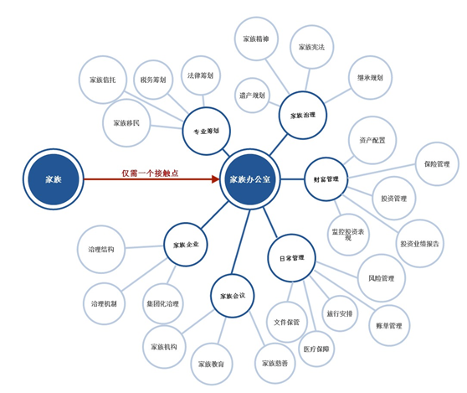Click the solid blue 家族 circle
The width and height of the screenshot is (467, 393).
[x=54, y=179]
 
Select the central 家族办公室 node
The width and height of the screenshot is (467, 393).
[x=250, y=179]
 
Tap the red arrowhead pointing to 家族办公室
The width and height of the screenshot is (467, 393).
[x=216, y=179]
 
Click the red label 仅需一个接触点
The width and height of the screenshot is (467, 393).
[x=150, y=173]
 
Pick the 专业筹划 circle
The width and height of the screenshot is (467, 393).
[x=206, y=131]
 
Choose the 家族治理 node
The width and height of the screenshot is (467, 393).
[x=303, y=115]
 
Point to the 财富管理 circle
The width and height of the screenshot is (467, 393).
[x=326, y=179]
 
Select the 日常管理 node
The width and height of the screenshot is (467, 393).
[x=291, y=258]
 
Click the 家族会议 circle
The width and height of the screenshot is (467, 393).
[x=233, y=296]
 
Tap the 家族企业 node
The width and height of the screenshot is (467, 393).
[x=186, y=245]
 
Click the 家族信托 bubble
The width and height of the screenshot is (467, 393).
[x=103, y=80]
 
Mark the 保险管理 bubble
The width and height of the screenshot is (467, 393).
[x=437, y=164]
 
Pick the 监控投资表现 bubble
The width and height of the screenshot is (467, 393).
[x=348, y=235]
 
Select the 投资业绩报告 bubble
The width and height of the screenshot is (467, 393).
[x=419, y=244]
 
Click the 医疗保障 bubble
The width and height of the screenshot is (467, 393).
[x=316, y=349]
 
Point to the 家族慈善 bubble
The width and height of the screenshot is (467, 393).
[x=275, y=363]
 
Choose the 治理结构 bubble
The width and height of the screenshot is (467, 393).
[x=101, y=249]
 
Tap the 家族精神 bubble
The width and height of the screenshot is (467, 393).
[x=256, y=39]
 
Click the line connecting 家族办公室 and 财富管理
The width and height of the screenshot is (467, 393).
[x=292, y=179]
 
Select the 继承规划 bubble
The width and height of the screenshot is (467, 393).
[x=370, y=78]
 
